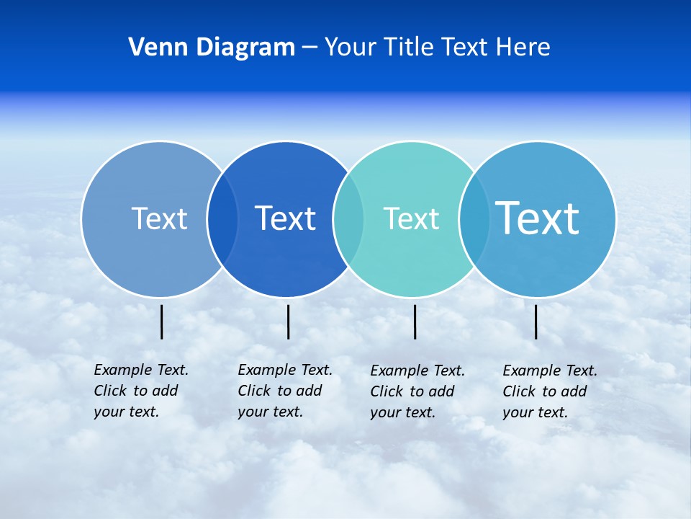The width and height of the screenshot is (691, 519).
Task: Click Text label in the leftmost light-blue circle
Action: tap(159, 218)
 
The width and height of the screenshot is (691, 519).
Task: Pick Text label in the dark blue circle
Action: tap(286, 218)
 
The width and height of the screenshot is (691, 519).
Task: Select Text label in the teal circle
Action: tap(411, 218)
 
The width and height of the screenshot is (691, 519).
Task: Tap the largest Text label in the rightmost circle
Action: tap(538, 218)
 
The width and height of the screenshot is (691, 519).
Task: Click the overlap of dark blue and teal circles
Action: tap(348, 218)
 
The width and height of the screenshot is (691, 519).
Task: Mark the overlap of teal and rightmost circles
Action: tap(474, 218)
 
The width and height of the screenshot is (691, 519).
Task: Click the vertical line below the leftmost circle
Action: tap(162, 321)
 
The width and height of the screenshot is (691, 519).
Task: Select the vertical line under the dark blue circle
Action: tap(288, 321)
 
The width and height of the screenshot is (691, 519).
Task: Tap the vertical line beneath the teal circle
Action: tap(415, 321)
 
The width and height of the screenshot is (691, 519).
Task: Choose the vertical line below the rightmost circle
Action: tap(536, 321)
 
